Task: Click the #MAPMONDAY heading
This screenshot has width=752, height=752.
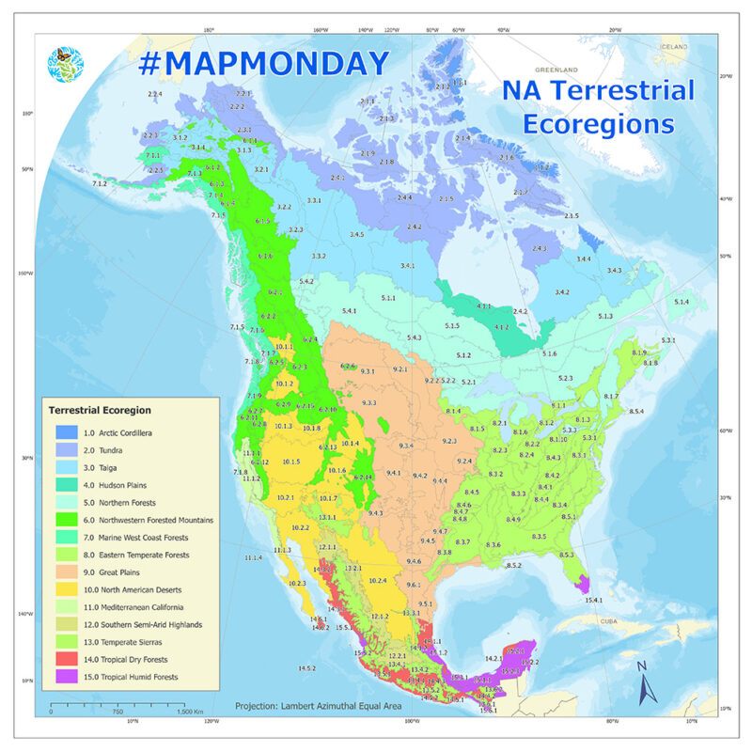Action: [x=263, y=63]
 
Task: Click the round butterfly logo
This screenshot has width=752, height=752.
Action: [x=65, y=63]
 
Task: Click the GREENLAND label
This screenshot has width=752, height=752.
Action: [x=554, y=70]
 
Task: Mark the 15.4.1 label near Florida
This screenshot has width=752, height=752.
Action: [x=593, y=599]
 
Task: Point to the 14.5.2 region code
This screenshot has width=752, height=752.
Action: [x=305, y=667]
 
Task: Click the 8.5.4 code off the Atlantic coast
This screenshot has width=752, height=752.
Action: [x=635, y=412]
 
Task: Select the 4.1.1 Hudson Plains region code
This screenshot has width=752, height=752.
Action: [x=484, y=305]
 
